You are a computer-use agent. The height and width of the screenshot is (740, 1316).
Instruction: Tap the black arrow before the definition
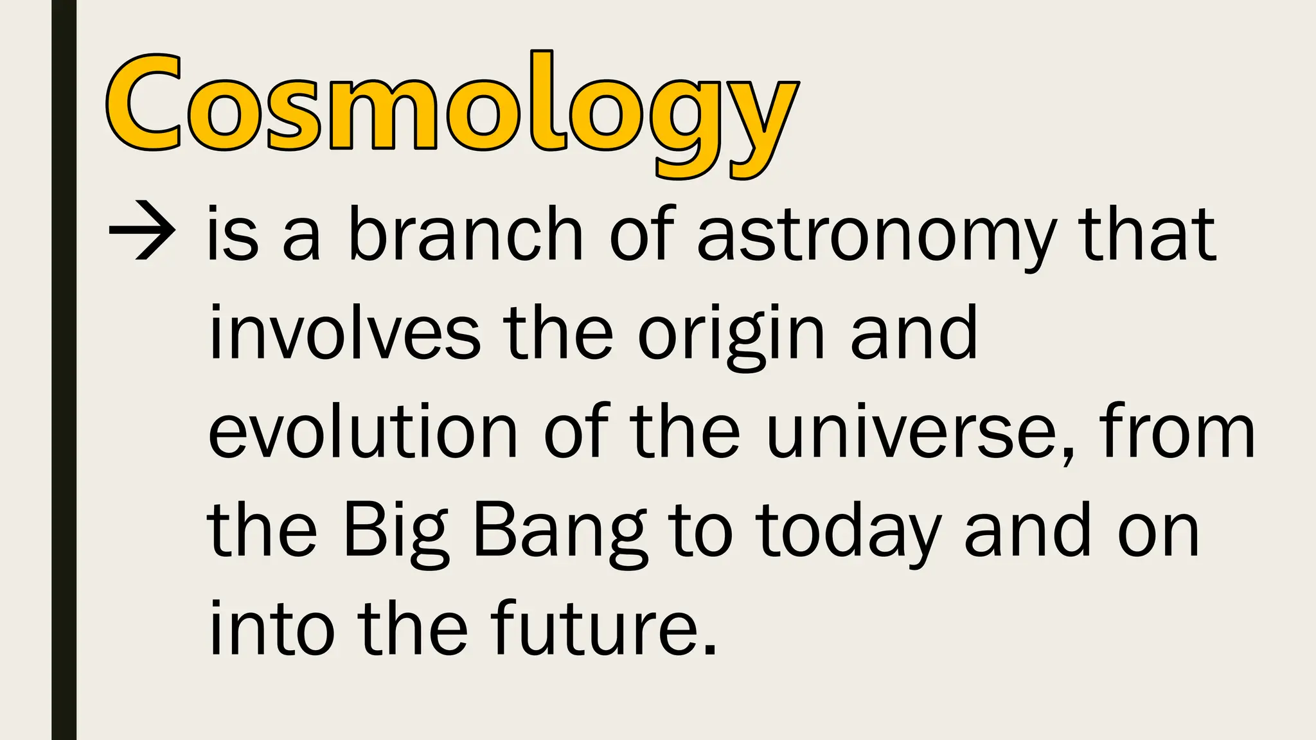pyautogui.click(x=141, y=231)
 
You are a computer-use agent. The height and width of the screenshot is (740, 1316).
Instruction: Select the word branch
pyautogui.click(x=465, y=233)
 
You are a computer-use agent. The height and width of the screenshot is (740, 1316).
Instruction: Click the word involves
pyautogui.click(x=344, y=333)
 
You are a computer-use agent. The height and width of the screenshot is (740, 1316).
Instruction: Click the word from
pyautogui.click(x=1177, y=430)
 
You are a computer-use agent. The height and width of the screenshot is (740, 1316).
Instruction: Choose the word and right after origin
pyautogui.click(x=914, y=333)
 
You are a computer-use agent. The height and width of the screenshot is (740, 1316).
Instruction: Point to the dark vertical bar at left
pyautogui.click(x=64, y=370)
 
